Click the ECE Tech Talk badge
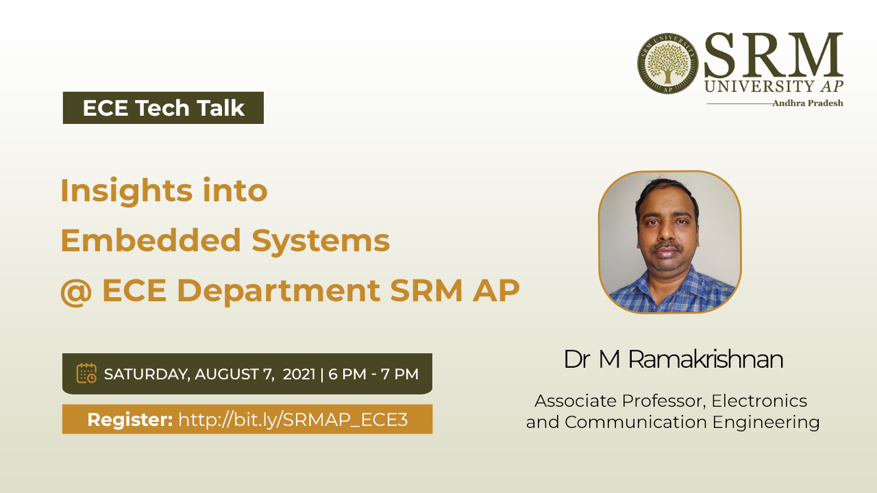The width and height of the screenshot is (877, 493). tap(163, 108)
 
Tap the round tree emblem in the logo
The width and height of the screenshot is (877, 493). tap(668, 64)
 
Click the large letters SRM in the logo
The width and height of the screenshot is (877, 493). tap(774, 55)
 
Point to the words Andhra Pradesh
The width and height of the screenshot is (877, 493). tap(808, 103)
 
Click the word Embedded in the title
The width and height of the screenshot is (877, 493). tap(151, 240)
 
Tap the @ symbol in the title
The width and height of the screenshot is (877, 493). tap(76, 292)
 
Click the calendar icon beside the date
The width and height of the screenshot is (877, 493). tap(86, 373)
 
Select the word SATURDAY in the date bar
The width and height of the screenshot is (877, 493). tap(147, 375)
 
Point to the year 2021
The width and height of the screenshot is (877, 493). tap(299, 374)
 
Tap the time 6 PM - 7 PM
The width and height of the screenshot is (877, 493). tap(373, 374)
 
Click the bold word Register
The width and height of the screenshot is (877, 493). tap(130, 420)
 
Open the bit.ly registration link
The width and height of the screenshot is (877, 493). tap(293, 420)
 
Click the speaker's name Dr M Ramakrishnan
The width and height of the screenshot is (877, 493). tap(674, 359)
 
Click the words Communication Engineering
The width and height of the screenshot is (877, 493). tap(692, 422)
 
